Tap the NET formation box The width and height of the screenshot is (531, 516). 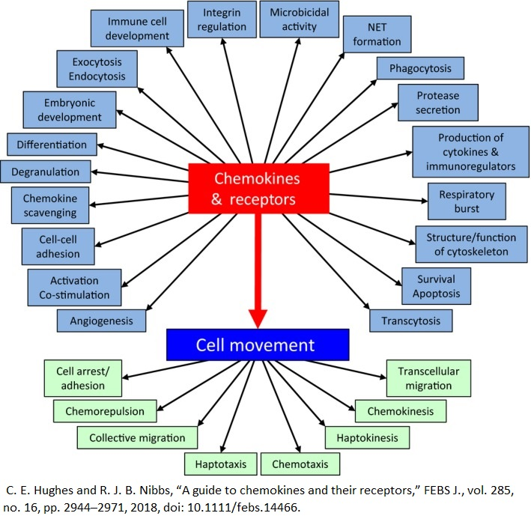pos(377,34)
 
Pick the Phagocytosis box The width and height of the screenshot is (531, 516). pos(420,69)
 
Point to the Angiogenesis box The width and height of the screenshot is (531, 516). pos(101,321)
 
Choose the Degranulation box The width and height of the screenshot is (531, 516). pos(45,172)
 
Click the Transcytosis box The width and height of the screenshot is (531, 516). pos(410,321)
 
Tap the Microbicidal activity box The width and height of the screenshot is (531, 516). pos(298,20)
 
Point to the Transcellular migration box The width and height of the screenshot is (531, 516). pos(428,378)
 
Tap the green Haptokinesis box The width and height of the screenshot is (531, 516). pos(367,436)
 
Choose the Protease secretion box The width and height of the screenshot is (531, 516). pos(438,103)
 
